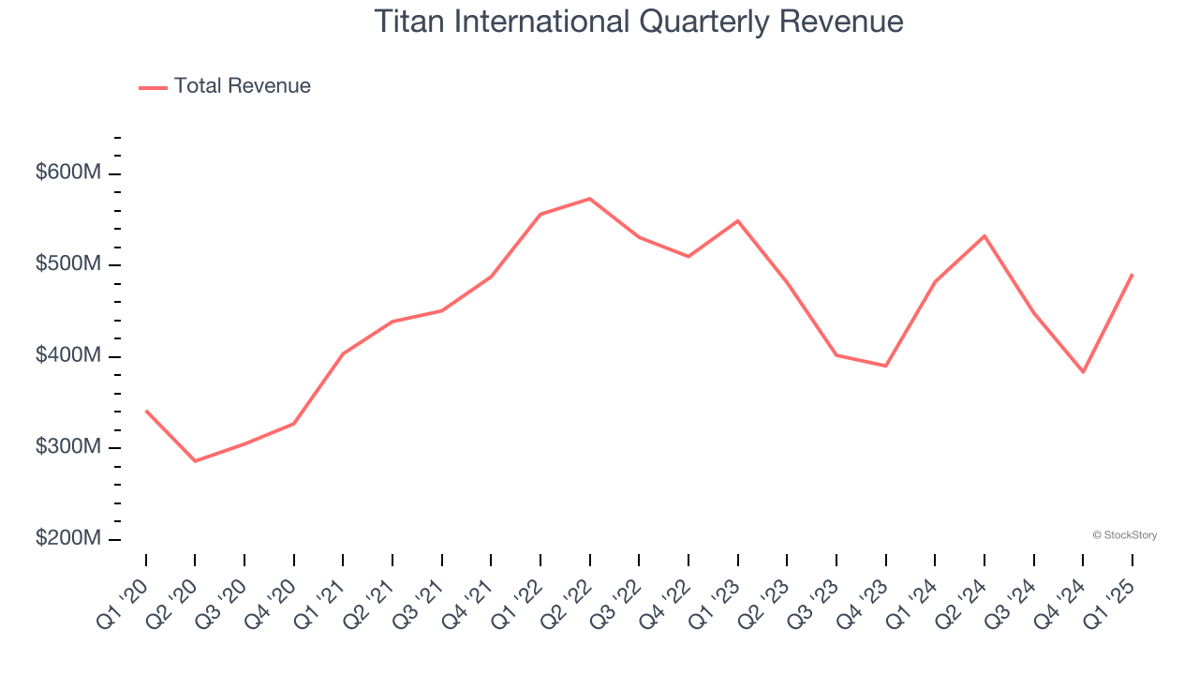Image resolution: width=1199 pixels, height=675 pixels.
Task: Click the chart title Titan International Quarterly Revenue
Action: coord(639,22)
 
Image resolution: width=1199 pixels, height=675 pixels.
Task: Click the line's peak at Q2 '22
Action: coord(589,199)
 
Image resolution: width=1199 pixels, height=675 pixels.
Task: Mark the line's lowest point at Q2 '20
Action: coord(195,461)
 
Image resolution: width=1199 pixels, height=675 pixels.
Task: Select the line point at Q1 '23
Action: coord(738,220)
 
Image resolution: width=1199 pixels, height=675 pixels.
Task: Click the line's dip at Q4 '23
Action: coord(885,366)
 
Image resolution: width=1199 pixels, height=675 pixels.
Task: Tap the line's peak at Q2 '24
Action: coord(984,235)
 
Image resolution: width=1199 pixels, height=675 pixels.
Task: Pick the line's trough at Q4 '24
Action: coord(1083,372)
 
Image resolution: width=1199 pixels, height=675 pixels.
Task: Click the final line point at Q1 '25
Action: coord(1132,275)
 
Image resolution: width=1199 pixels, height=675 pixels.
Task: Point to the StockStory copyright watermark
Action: coord(1124,535)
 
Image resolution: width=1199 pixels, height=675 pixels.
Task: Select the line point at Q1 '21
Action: coord(343,353)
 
